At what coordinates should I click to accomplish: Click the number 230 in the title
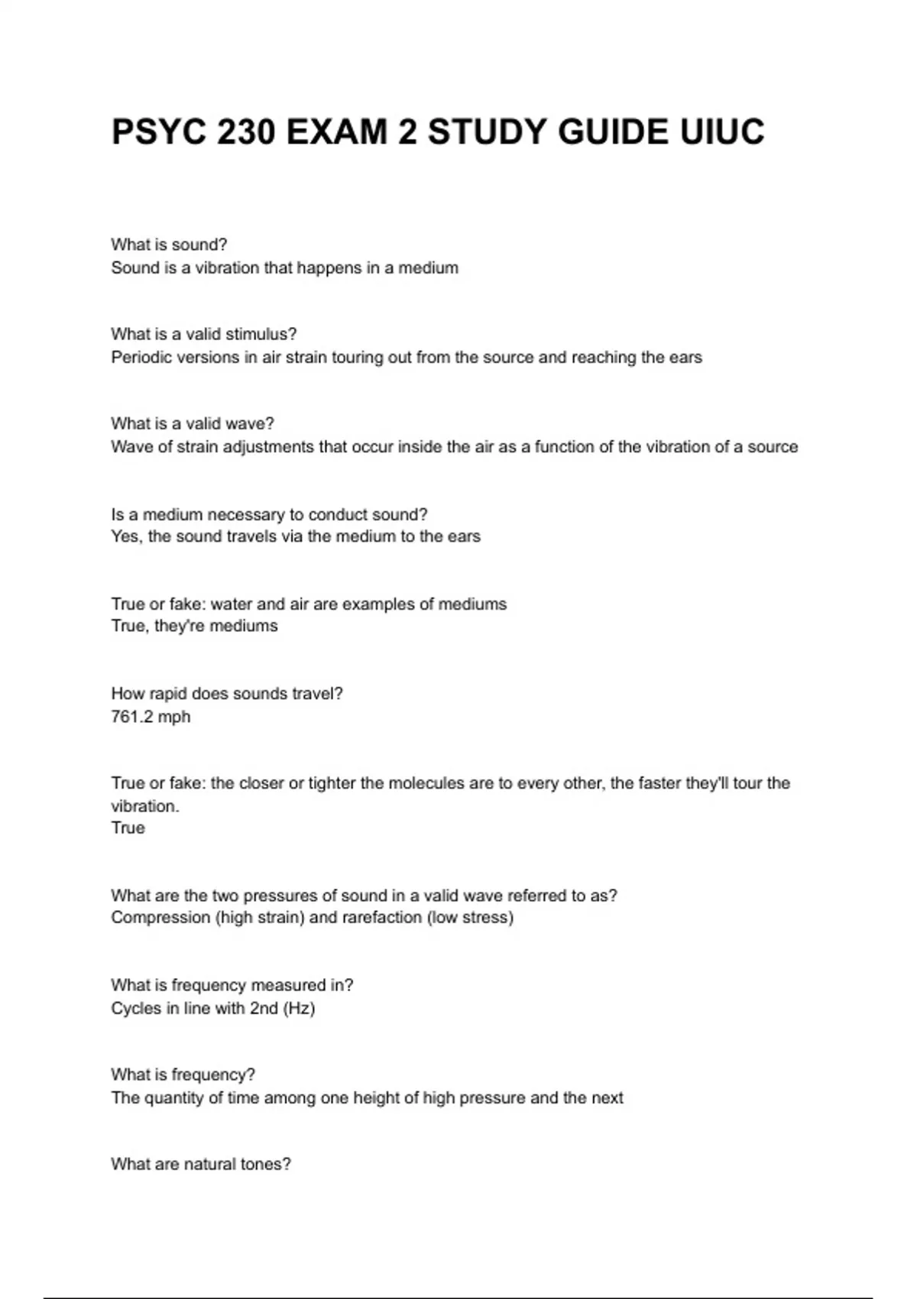pyautogui.click(x=247, y=132)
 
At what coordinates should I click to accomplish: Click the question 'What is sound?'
pyautogui.click(x=169, y=245)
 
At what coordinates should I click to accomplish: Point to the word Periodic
pyautogui.click(x=141, y=358)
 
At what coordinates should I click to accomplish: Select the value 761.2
pyautogui.click(x=131, y=717)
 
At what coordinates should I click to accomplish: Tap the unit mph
pyautogui.click(x=174, y=718)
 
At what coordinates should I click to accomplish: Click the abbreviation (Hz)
pyautogui.click(x=299, y=1009)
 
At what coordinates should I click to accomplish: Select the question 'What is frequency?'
pyautogui.click(x=183, y=1075)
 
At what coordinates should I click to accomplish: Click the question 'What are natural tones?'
pyautogui.click(x=201, y=1165)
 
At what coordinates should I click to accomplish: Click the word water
pyautogui.click(x=231, y=604)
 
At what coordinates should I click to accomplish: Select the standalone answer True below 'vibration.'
pyautogui.click(x=128, y=828)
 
